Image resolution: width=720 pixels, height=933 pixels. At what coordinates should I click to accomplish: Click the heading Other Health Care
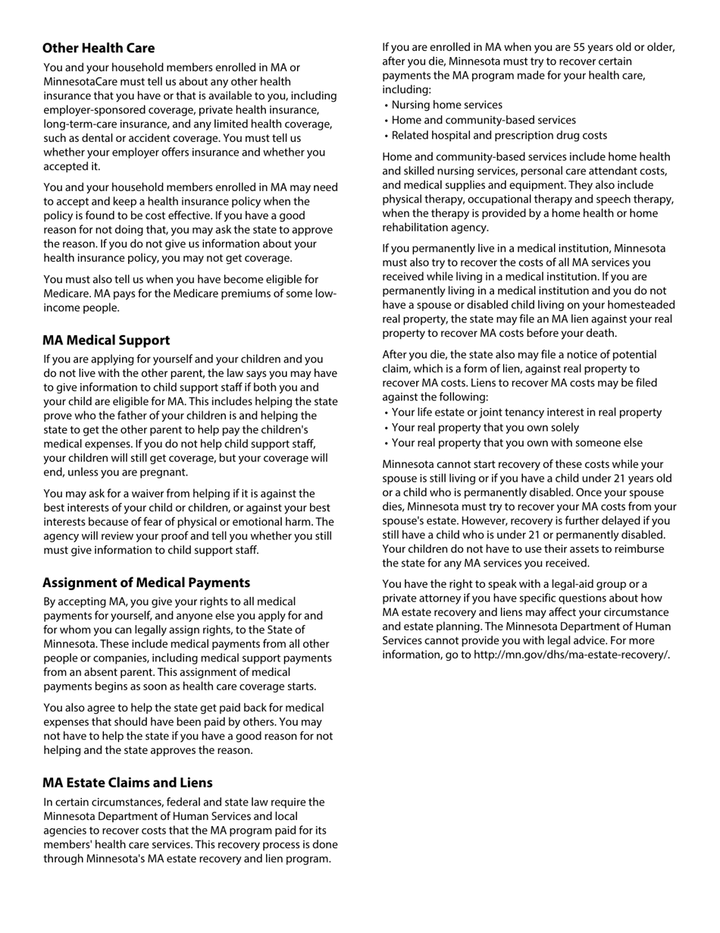point(99,49)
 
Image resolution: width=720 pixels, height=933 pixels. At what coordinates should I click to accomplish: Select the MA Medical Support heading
point(106,341)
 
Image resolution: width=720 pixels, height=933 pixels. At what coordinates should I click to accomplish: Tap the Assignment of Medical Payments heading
point(146,583)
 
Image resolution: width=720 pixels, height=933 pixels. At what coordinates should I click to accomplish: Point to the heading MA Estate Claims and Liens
point(127,783)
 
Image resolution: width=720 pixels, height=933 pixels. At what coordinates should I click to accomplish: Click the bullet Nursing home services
point(446,105)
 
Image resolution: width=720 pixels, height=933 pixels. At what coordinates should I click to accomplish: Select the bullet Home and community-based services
point(484,121)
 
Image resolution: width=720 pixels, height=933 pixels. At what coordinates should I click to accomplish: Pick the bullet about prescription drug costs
point(499,136)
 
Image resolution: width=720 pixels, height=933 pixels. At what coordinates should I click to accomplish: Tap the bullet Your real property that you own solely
point(485,428)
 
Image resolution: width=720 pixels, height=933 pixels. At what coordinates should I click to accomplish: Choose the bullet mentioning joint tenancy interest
point(526,413)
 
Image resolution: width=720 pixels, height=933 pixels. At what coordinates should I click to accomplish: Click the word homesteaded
point(641,305)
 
